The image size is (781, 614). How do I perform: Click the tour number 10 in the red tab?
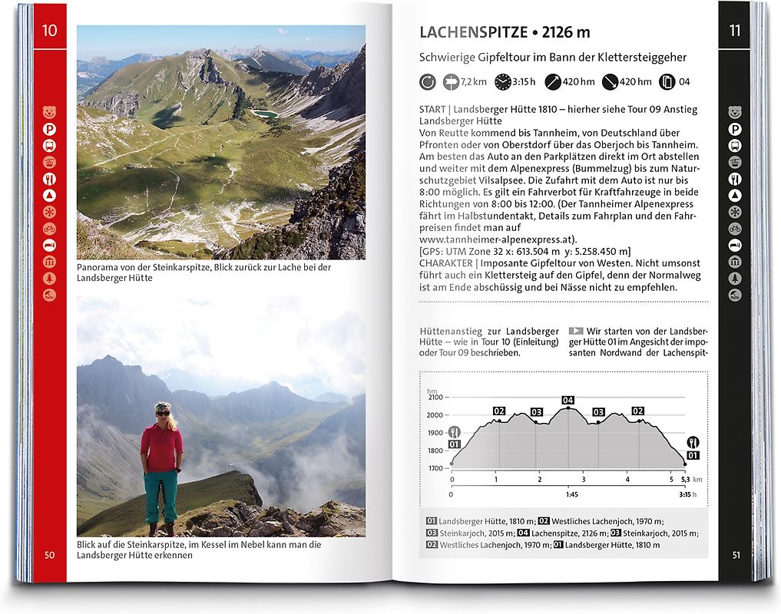point(50,31)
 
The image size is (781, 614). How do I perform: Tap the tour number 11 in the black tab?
point(735,31)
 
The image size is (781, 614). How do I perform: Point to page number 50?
point(49,555)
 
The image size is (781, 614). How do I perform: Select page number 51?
point(736,555)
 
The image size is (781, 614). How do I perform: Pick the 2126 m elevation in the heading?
point(566,32)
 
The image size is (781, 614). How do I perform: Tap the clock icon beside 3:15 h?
point(502,81)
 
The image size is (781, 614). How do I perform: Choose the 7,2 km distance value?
point(475,82)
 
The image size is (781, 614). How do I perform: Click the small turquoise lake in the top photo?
point(266,114)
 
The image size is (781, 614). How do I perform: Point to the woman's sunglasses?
point(163,413)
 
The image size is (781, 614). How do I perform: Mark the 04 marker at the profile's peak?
point(568,400)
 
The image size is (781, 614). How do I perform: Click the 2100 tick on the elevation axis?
point(435,398)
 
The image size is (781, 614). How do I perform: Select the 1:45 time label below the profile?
point(572,495)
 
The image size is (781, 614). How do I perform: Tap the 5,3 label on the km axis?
point(685,480)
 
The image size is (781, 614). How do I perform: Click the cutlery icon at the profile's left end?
point(454,431)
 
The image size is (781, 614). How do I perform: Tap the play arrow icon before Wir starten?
point(575,331)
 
